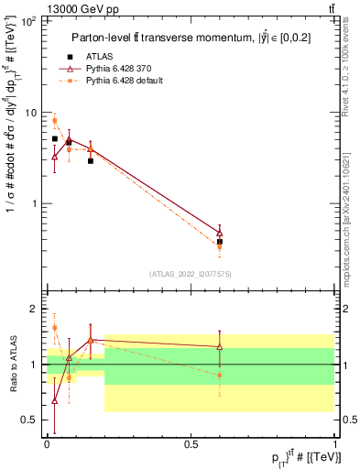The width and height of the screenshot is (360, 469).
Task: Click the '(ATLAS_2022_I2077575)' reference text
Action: [191, 274]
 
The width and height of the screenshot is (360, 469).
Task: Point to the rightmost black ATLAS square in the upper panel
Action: [219, 242]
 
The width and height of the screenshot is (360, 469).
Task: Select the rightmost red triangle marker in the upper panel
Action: [219, 234]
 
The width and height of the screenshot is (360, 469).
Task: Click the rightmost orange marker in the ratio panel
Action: [219, 376]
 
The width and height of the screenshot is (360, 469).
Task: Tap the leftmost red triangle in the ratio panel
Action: [55, 400]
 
